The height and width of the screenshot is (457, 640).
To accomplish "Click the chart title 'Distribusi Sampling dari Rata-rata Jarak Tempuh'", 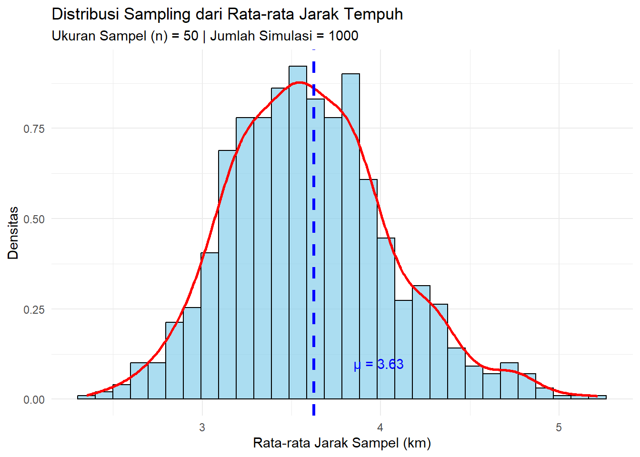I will (227, 14).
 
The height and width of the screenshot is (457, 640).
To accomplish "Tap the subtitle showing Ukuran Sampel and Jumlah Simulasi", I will (205, 36).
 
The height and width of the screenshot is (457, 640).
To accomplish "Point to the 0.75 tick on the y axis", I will (34, 129).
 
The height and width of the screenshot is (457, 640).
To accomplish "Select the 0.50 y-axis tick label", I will (34, 219).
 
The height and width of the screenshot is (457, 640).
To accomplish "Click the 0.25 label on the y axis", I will (34, 310).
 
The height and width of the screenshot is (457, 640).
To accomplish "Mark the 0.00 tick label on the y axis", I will (34, 400).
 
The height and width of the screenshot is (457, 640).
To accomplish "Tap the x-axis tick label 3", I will (202, 427).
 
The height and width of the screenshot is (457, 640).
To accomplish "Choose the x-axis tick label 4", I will (380, 427).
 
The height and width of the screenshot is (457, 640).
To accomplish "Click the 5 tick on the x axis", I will (558, 427).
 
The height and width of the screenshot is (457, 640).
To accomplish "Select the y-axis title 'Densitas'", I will (13, 233).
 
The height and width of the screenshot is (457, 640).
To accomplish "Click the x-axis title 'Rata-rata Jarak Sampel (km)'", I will (342, 443).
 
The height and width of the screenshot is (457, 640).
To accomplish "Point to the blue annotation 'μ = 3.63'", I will (379, 365).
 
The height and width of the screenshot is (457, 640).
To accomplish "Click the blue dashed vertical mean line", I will (314, 286).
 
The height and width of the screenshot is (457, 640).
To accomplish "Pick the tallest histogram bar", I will (298, 233).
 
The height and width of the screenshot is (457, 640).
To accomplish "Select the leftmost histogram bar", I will (86, 397).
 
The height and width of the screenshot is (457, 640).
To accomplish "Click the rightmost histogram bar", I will (597, 397).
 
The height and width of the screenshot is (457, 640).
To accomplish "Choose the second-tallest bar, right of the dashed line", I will (350, 238).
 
